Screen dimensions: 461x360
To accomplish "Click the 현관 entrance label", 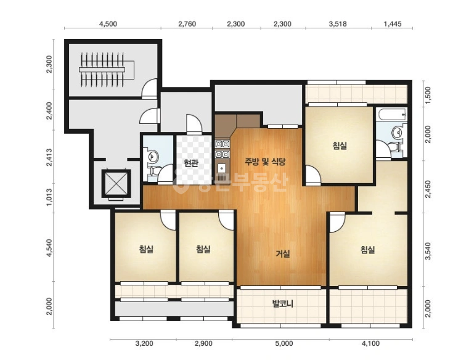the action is [x=191, y=163].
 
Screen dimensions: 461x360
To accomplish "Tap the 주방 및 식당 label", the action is [x=265, y=161].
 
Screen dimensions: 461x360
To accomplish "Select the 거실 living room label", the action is [x=283, y=253].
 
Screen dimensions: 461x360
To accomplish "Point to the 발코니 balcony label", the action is [x=282, y=303].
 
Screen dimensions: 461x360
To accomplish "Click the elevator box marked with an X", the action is [x=116, y=184].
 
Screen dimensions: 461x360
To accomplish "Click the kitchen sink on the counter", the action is [x=221, y=168].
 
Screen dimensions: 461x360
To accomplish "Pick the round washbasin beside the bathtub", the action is [x=397, y=133].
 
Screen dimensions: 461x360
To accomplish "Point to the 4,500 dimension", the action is [x=108, y=24].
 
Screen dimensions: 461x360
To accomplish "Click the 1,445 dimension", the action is [x=392, y=24].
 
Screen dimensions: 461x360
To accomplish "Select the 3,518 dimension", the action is [x=338, y=24].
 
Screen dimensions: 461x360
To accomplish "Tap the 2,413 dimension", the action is [x=49, y=157].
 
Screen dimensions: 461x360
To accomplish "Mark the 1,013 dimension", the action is [x=49, y=197].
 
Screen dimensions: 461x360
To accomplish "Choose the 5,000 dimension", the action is [x=284, y=343].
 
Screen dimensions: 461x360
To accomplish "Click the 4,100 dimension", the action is [x=370, y=343].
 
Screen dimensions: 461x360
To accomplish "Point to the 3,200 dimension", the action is [x=144, y=343].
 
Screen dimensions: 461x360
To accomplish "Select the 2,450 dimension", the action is [x=428, y=189].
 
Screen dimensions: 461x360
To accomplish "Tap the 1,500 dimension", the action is [x=428, y=95].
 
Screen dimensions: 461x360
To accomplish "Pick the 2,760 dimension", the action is [x=187, y=24].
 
